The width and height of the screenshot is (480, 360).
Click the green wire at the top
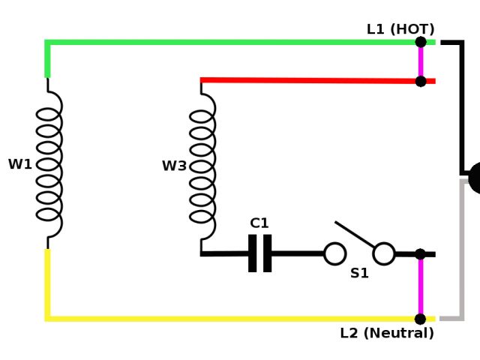point(225,43)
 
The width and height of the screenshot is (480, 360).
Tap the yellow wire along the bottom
point(225,319)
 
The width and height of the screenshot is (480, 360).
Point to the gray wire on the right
point(461,247)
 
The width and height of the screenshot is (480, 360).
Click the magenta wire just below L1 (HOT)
point(421,61)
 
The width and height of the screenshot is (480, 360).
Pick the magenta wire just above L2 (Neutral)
point(421,286)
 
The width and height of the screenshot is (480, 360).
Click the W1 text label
point(20,164)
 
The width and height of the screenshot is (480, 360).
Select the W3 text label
point(174,166)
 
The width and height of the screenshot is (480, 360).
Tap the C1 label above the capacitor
point(259,223)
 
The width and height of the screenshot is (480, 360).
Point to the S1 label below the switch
point(360,274)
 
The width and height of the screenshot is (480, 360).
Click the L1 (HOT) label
point(400,29)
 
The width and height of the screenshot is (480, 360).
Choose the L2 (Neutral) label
point(387,333)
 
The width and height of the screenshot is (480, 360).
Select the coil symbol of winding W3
point(202,166)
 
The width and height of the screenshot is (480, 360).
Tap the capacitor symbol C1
point(259,253)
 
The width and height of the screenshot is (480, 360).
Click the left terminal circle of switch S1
point(334,253)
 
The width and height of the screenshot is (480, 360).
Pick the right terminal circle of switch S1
point(384,253)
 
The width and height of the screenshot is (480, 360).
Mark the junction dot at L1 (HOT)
point(421,42)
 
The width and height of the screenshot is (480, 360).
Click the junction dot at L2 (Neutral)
point(420,319)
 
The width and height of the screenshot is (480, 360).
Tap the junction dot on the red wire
point(421,81)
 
